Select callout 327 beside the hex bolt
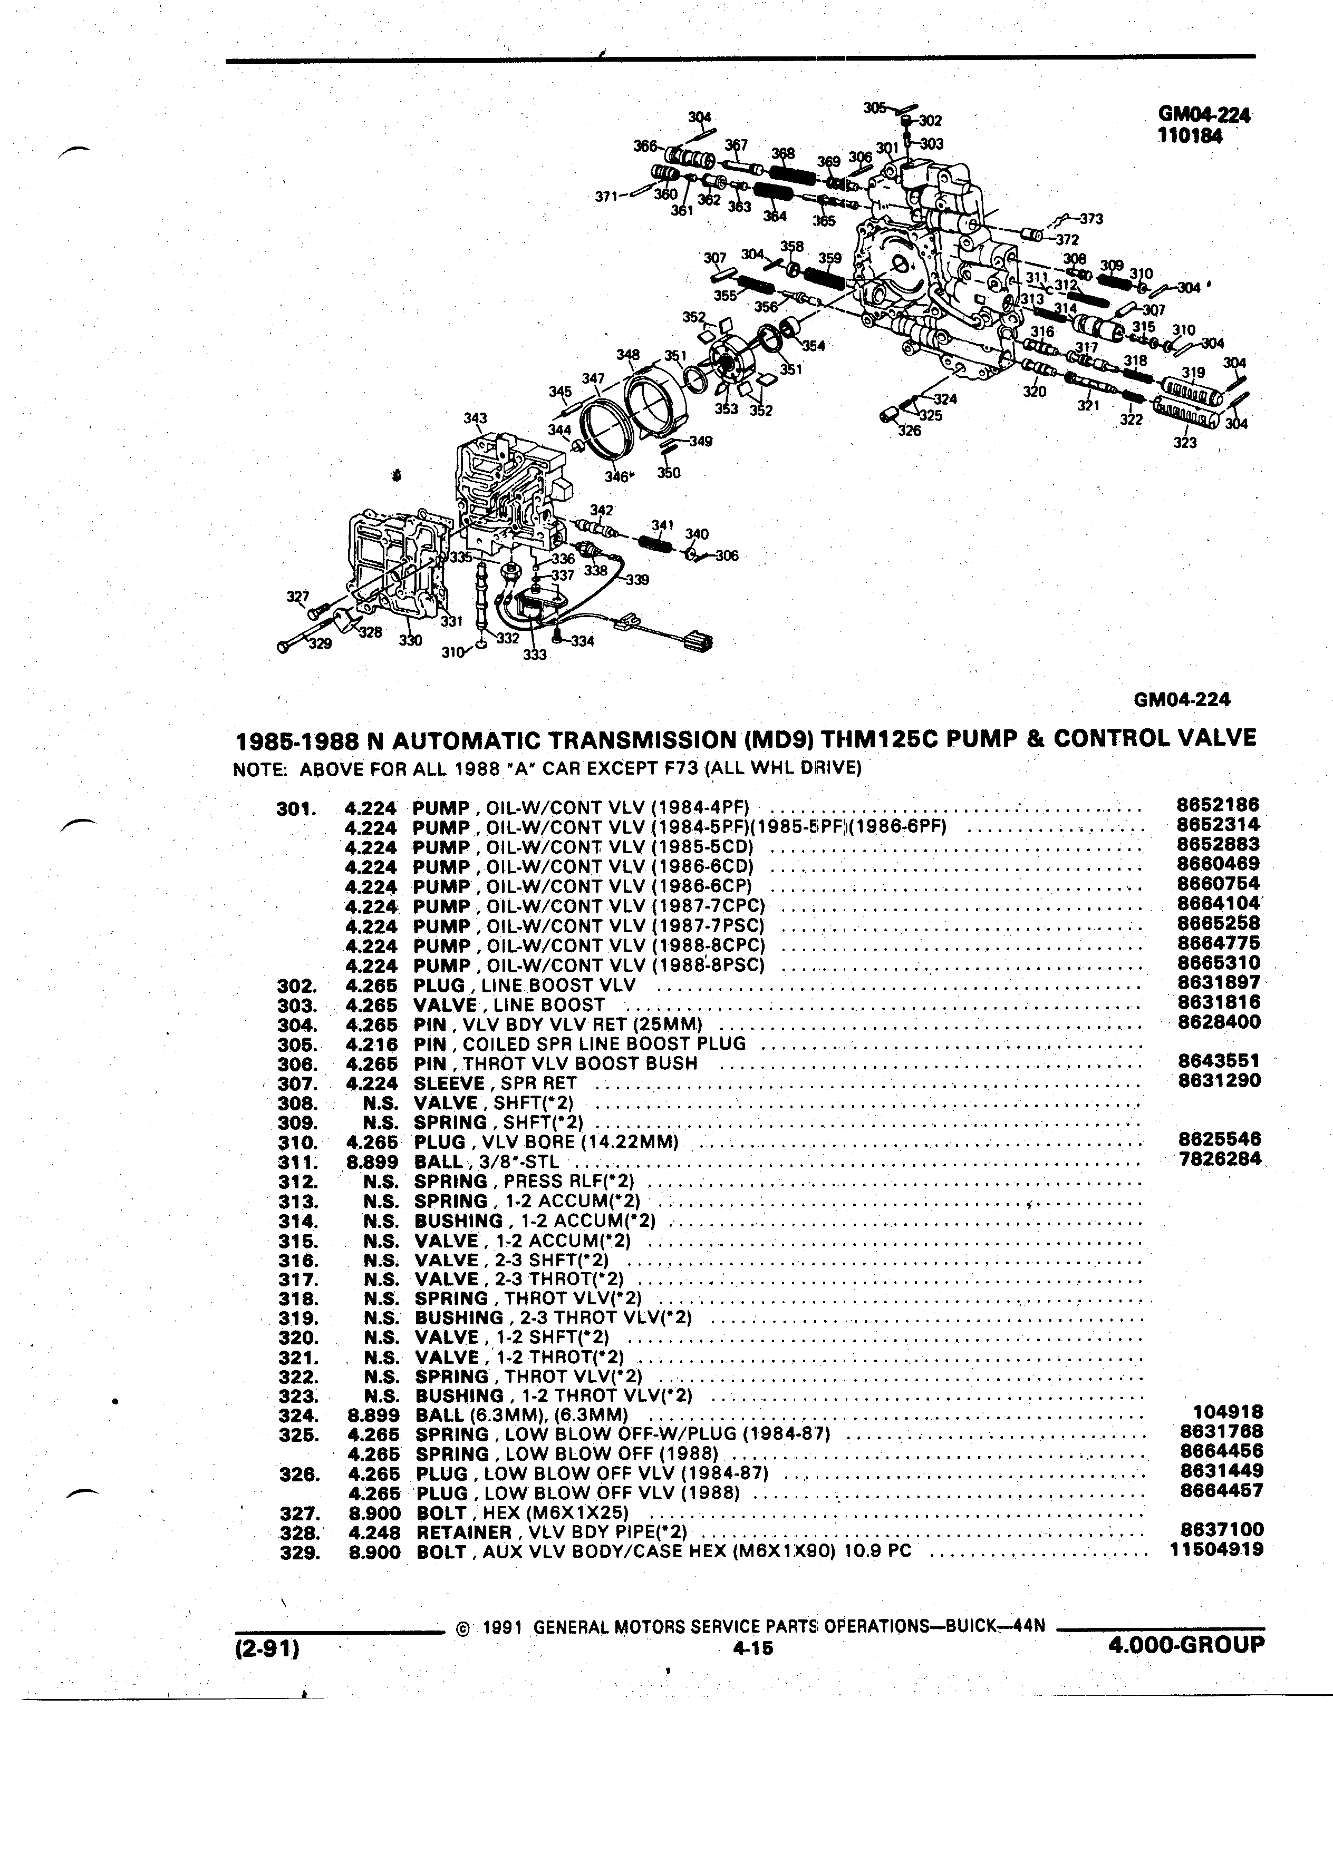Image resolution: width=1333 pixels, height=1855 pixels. point(297,596)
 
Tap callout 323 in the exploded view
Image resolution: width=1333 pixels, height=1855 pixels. point(1185,443)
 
